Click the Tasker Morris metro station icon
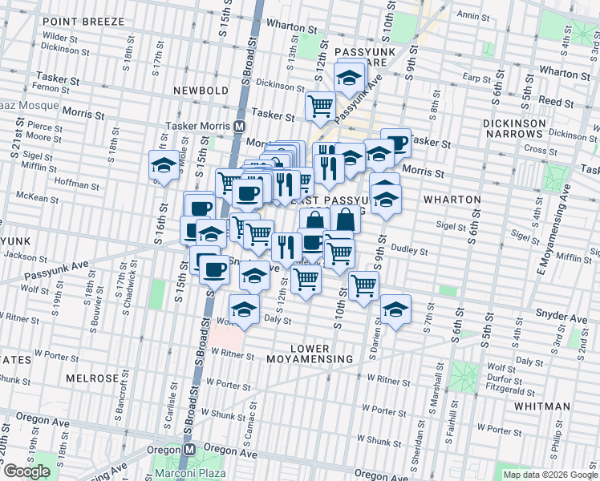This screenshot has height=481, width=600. pyautogui.click(x=239, y=127)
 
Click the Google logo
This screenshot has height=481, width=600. pyautogui.click(x=26, y=471)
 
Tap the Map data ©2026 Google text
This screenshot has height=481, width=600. pyautogui.click(x=550, y=475)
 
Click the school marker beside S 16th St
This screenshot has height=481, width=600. pyautogui.click(x=164, y=166)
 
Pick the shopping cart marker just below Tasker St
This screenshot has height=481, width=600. pyautogui.click(x=320, y=105)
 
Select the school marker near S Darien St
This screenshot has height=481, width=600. pyautogui.click(x=395, y=309)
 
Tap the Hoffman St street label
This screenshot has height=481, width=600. pyautogui.click(x=78, y=185)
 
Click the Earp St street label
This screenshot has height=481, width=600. pyautogui.click(x=476, y=78)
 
